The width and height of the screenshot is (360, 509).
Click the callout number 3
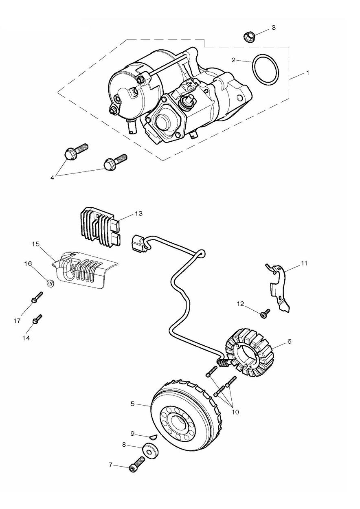click(x=274, y=28)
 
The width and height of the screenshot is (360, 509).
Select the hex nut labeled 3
click(x=249, y=37)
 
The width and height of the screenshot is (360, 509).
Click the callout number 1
click(x=308, y=73)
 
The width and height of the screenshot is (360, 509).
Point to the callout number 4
click(x=52, y=177)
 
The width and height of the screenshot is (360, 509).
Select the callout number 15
click(x=35, y=244)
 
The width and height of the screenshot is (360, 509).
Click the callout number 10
click(x=235, y=412)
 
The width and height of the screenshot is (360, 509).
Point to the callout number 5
click(x=132, y=404)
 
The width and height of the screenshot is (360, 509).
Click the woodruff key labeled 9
click(x=152, y=436)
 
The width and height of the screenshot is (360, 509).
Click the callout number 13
click(x=139, y=213)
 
